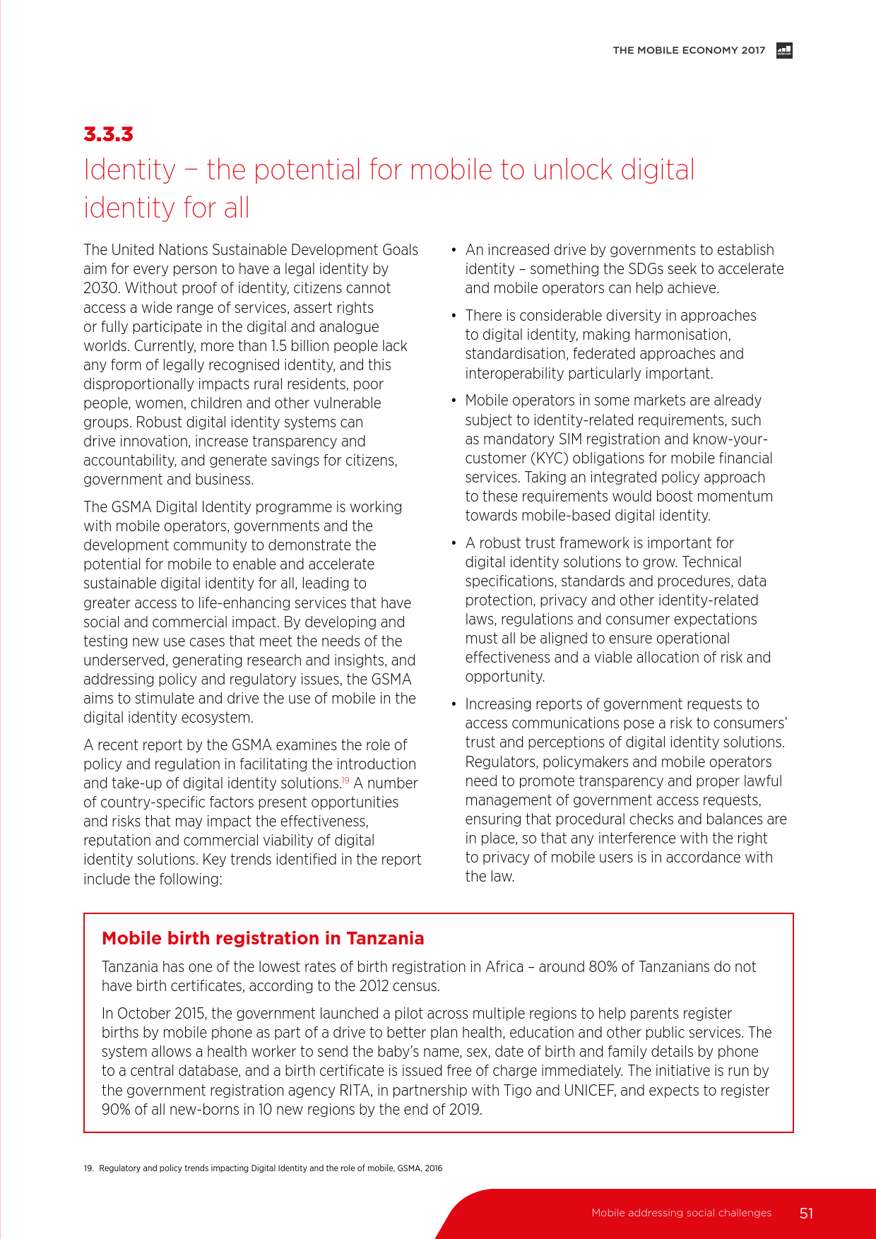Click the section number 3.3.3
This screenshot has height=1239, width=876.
click(108, 134)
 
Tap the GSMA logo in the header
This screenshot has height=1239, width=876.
click(784, 50)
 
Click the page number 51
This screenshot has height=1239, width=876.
click(806, 1213)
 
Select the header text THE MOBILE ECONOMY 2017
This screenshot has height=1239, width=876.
click(689, 50)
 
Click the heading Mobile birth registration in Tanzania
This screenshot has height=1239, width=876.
click(263, 938)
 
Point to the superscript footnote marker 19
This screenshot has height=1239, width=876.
click(345, 780)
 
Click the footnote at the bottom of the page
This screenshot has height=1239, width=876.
click(263, 1168)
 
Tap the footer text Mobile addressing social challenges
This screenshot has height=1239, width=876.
click(681, 1213)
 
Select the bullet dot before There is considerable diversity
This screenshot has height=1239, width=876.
click(454, 316)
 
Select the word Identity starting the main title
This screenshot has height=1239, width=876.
click(129, 170)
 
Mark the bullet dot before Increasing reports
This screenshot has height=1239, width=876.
click(454, 704)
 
